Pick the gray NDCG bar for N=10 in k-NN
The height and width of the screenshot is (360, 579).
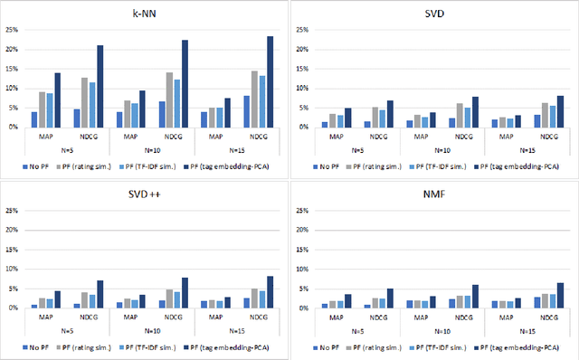click(167, 99)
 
